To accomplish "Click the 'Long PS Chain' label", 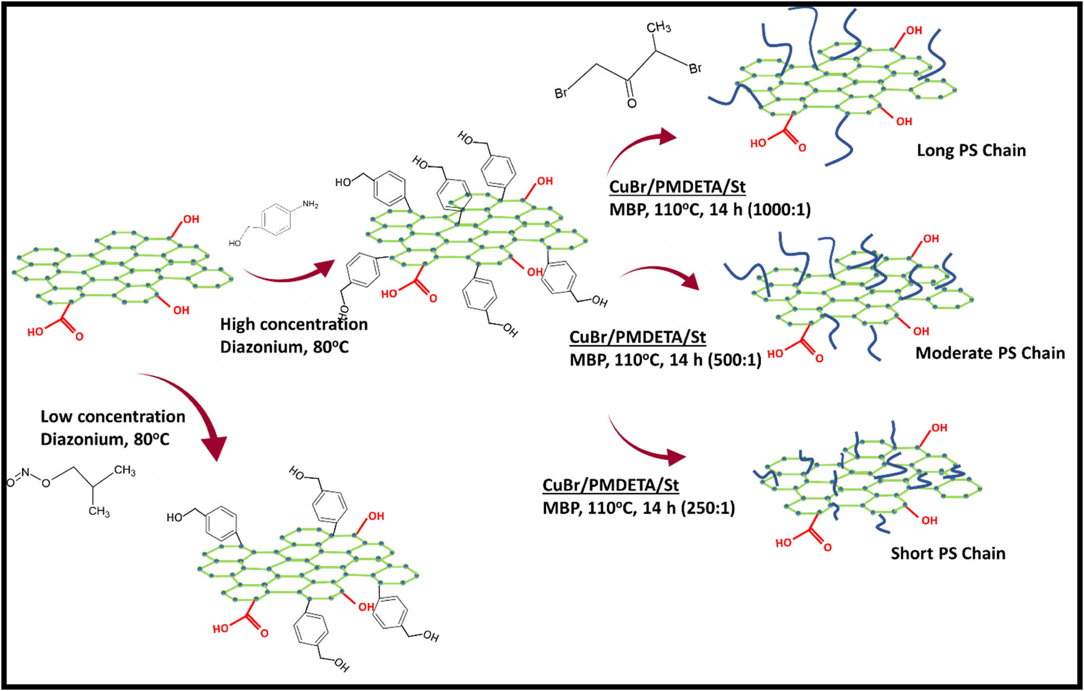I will [x=971, y=150].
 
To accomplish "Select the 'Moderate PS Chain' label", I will [x=990, y=353].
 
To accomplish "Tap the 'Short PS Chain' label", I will [x=948, y=553].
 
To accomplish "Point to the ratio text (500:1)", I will [x=735, y=360].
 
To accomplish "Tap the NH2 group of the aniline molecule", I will [x=310, y=204].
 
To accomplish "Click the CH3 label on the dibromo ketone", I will [x=659, y=27].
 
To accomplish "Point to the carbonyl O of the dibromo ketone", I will [x=631, y=103].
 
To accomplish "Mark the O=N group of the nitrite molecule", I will [x=18, y=476].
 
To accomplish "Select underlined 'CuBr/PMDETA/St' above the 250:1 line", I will [x=610, y=485].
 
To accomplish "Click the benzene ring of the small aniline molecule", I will [x=276, y=219].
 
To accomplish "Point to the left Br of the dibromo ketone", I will [x=561, y=93].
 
